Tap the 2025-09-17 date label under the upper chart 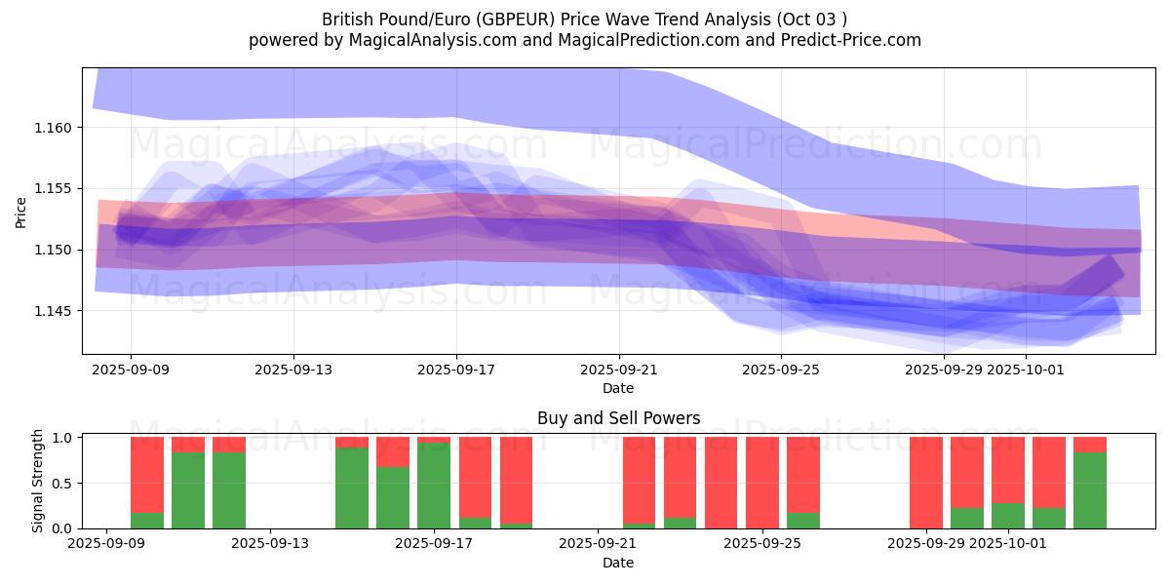pyautogui.click(x=456, y=370)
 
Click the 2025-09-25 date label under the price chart pyautogui.click(x=781, y=370)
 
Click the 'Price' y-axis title pyautogui.click(x=21, y=213)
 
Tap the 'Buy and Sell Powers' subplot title pyautogui.click(x=618, y=418)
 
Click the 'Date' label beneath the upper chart pyautogui.click(x=618, y=388)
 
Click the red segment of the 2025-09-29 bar pyautogui.click(x=926, y=483)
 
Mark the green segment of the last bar pyautogui.click(x=1090, y=490)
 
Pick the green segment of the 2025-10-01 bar pyautogui.click(x=1008, y=516)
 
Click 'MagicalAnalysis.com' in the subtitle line pyautogui.click(x=425, y=40)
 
